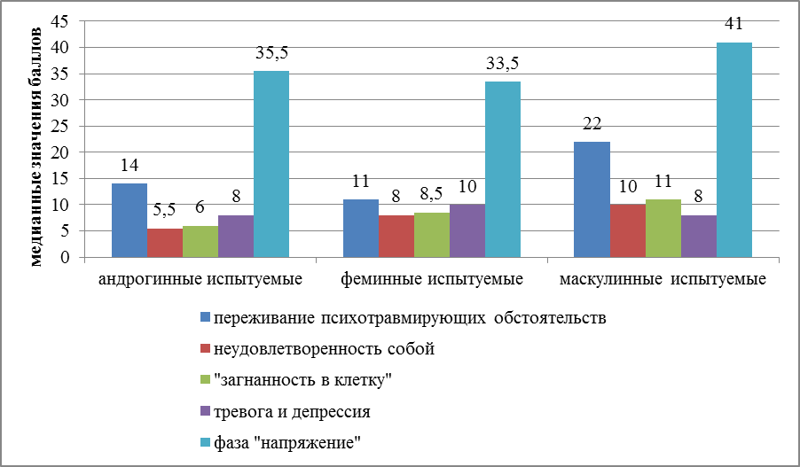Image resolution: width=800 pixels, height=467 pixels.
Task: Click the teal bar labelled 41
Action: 734,150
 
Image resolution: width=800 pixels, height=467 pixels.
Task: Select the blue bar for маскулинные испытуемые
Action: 592,199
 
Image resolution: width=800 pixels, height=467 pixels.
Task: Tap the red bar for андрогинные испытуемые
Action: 165,243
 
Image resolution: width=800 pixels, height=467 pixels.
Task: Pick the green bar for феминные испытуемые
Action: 432,235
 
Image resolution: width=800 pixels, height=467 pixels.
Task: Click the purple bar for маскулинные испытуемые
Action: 699,237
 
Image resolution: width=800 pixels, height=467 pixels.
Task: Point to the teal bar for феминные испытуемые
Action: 503,169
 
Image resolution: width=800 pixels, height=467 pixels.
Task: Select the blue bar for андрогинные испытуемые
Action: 129,221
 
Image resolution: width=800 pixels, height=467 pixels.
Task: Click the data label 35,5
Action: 271,52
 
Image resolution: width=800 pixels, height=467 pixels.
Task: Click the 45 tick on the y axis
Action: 60,21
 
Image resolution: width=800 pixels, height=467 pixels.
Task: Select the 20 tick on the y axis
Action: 60,152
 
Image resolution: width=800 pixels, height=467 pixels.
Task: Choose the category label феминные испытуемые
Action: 432,280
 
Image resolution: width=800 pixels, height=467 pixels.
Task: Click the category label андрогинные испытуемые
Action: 200,280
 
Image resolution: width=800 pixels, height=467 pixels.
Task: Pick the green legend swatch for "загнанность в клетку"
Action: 206,380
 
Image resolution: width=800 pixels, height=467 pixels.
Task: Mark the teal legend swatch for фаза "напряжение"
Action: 206,444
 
